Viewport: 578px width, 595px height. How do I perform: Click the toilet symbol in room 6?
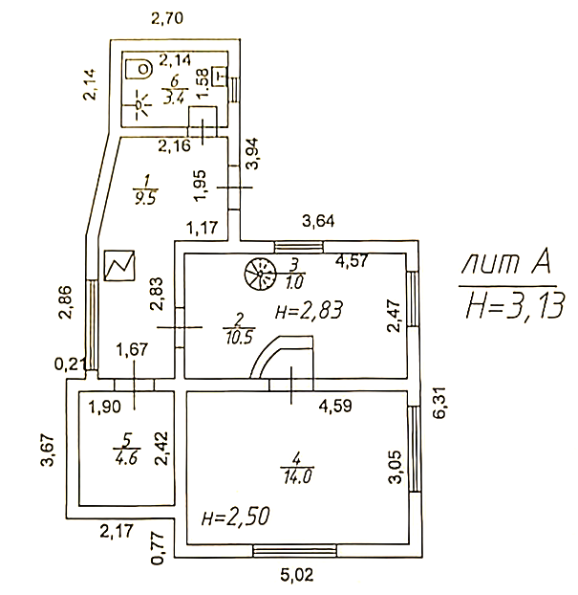139,69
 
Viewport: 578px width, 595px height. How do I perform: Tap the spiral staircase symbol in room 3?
260,274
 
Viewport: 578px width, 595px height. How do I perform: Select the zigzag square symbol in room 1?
119,265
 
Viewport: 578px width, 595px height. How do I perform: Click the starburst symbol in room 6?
139,104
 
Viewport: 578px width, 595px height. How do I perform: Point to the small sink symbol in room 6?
220,77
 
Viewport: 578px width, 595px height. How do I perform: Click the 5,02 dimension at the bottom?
297,575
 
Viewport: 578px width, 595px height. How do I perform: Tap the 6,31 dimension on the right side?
440,402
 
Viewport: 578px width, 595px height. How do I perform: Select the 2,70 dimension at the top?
167,18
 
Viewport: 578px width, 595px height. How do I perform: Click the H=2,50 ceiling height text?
235,516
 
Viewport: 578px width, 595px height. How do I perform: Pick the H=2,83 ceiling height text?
309,310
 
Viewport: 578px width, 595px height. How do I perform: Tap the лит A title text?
506,263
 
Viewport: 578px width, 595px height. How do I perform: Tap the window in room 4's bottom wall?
295,551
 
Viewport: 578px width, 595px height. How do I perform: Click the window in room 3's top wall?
299,247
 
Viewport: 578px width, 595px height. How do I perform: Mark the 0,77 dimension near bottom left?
159,548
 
